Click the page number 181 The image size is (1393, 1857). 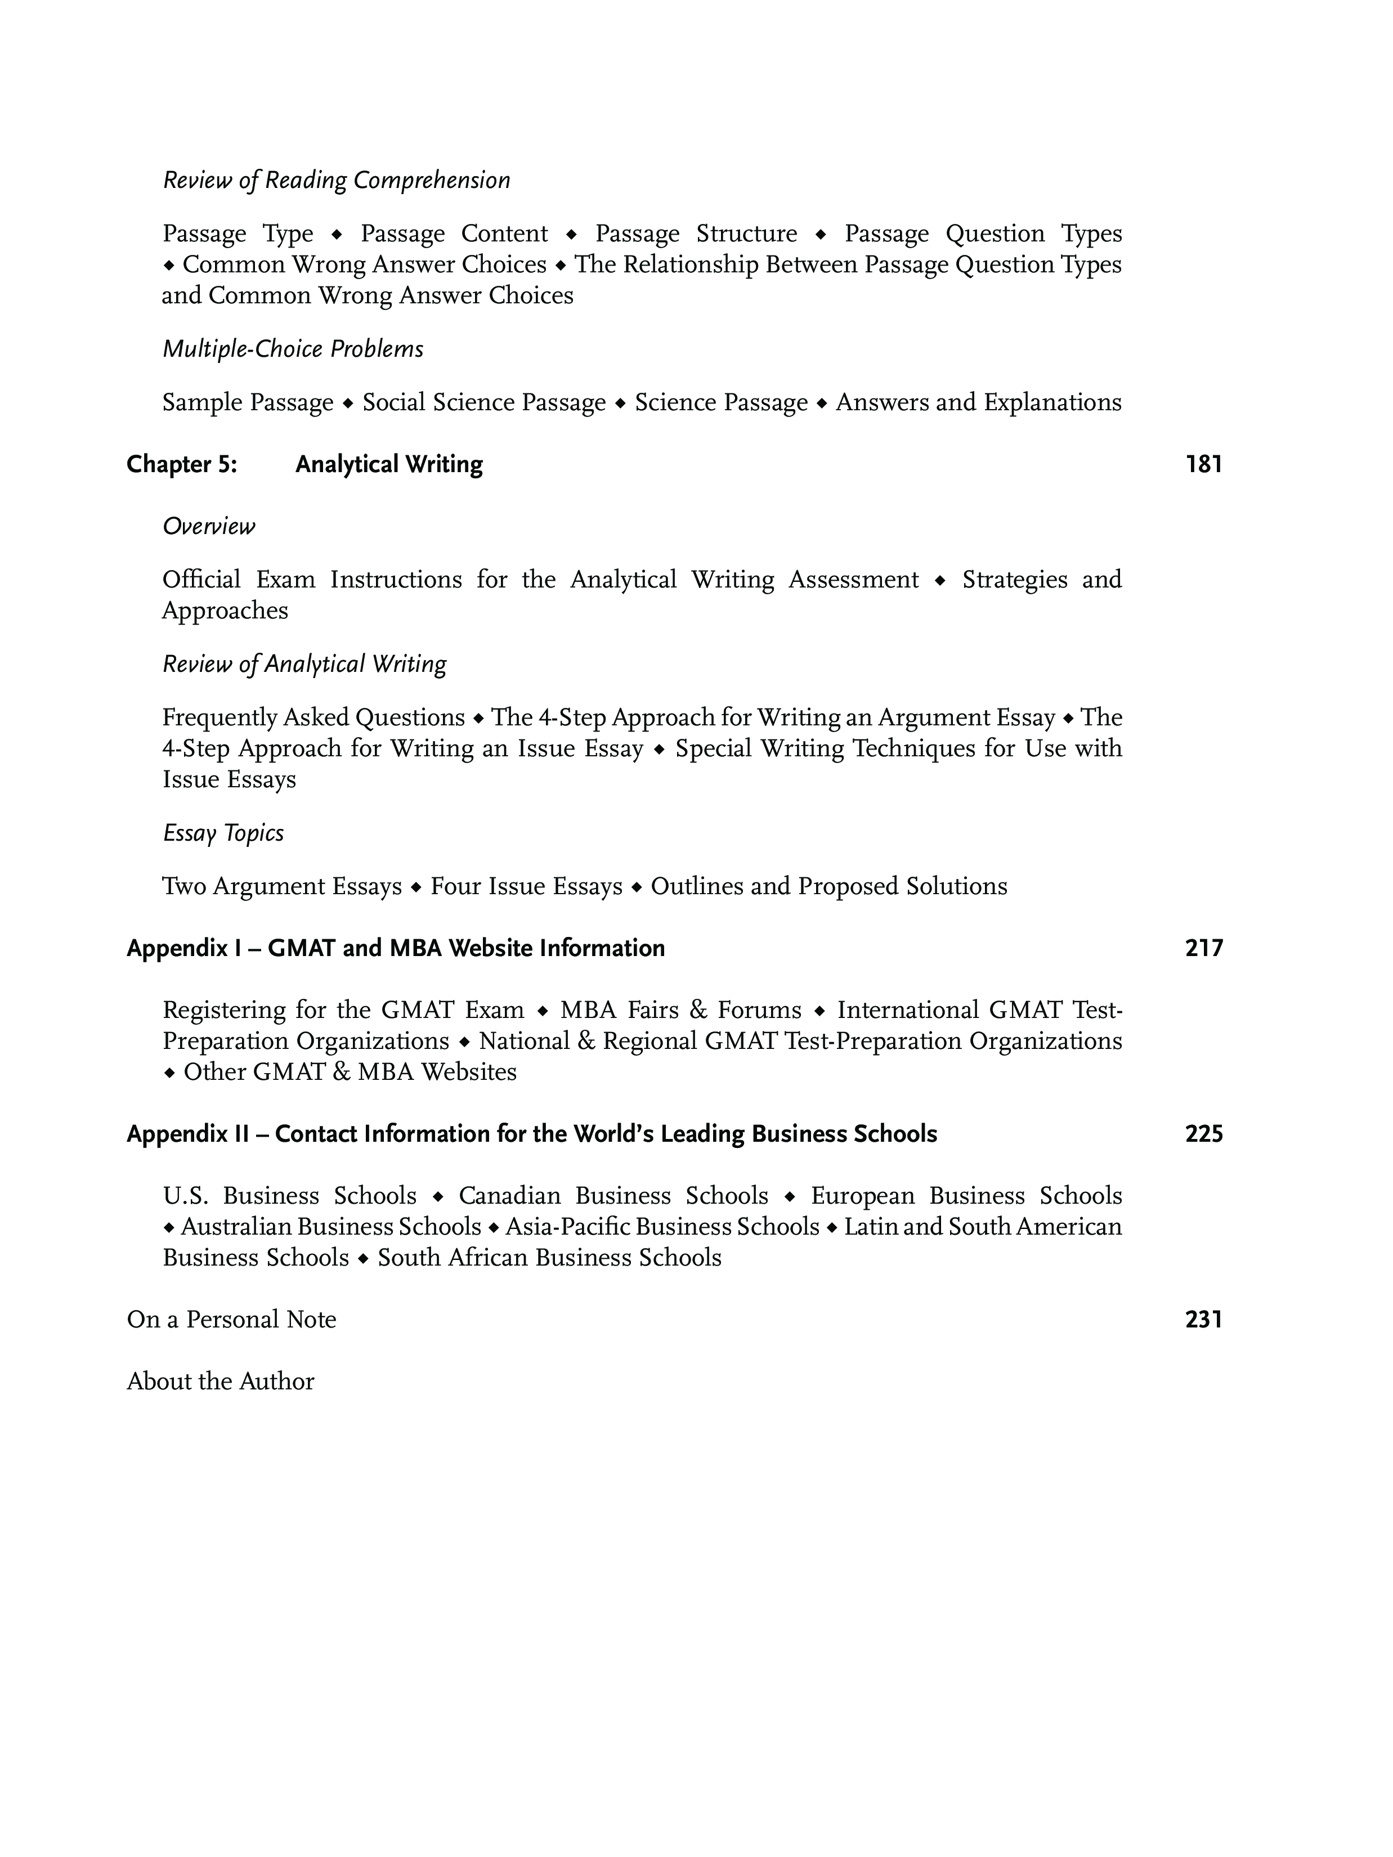coord(1203,464)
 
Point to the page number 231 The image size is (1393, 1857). coord(1203,1319)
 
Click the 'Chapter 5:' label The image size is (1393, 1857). coord(181,464)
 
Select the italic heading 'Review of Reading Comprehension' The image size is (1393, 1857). coord(336,181)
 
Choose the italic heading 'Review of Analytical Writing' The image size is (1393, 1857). coord(304,664)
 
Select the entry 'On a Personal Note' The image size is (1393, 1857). coord(231,1319)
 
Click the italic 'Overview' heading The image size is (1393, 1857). coord(208,526)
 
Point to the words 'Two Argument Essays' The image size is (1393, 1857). coord(281,886)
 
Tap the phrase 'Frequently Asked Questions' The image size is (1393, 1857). coord(313,718)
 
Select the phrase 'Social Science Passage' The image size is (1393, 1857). coord(483,402)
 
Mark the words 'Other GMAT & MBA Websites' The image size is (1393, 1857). coord(350,1072)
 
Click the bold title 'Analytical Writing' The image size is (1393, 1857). coord(389,464)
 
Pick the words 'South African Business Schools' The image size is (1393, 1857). coord(549,1258)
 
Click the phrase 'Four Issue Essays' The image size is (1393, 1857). coord(526,886)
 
